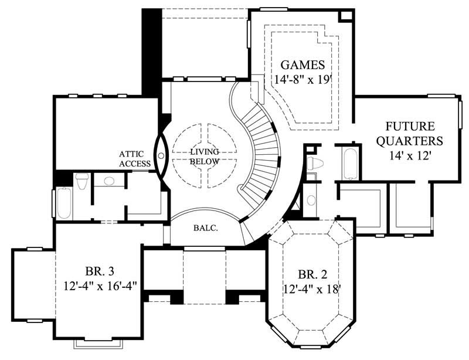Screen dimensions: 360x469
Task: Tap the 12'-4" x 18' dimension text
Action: pyautogui.click(x=311, y=288)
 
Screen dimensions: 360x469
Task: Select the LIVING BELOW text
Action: pyautogui.click(x=205, y=157)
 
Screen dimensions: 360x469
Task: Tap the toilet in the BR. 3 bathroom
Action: pyautogui.click(x=83, y=182)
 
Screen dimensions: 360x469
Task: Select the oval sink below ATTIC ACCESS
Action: pyautogui.click(x=106, y=181)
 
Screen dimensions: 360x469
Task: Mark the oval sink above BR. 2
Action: pyautogui.click(x=311, y=200)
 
